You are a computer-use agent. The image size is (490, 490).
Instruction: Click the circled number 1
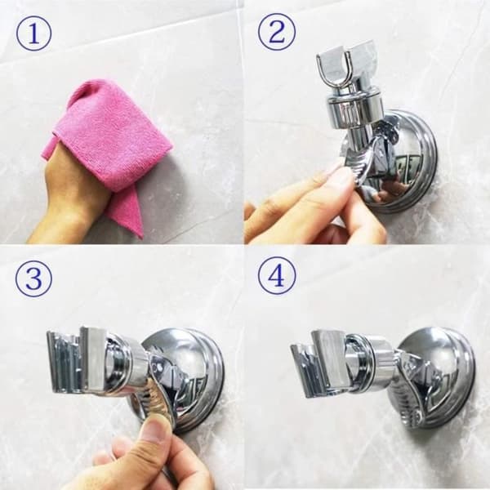pos(33,33)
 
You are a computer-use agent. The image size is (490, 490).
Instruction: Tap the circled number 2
pos(277,32)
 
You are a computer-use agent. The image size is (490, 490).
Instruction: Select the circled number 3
pos(33,278)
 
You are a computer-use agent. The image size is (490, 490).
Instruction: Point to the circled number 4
pos(277,276)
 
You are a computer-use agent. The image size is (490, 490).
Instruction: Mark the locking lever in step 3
pos(156,390)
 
